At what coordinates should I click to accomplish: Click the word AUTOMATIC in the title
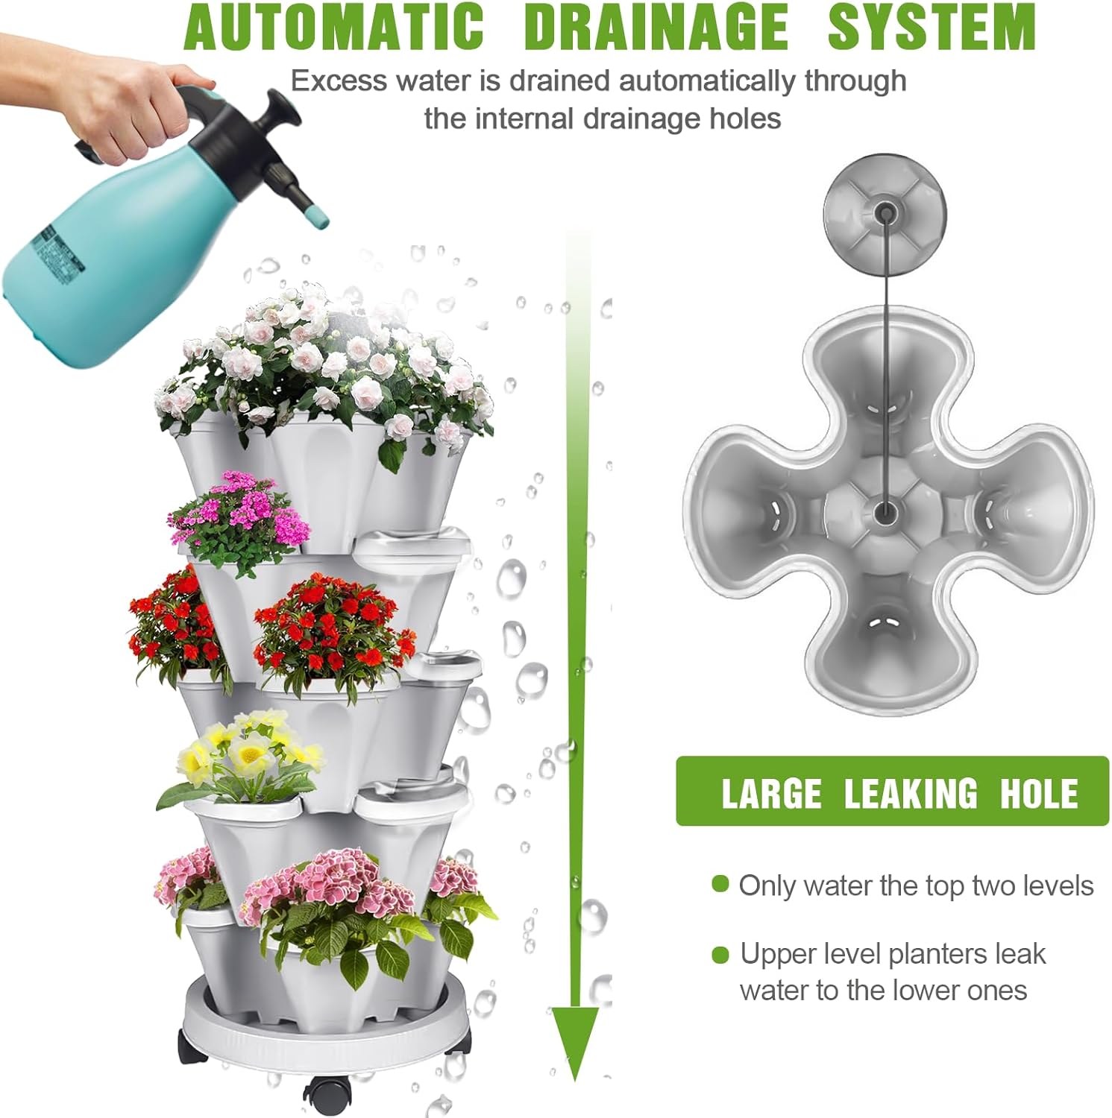point(333,27)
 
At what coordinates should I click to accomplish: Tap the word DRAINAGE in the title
point(656,27)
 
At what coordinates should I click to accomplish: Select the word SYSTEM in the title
point(932,27)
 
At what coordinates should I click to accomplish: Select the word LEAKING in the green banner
point(910,793)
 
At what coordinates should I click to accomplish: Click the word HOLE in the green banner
point(1038,793)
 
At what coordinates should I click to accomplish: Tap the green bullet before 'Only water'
point(720,885)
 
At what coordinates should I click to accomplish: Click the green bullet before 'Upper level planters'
point(720,954)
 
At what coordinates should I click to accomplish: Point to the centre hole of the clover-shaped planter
point(885,512)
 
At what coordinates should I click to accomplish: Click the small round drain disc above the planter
point(885,212)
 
